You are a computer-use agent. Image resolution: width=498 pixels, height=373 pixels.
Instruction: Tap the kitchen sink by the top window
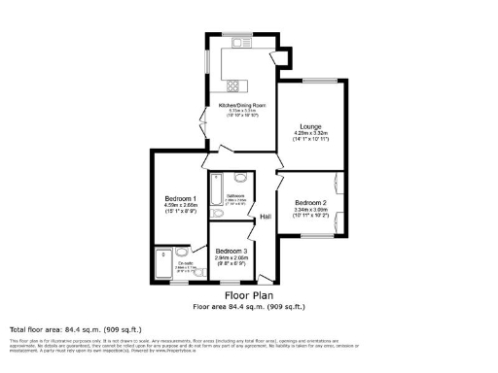(241, 44)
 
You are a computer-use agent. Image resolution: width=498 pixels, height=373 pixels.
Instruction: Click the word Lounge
(310, 125)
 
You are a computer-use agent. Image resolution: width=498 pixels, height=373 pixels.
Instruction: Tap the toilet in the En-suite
(182, 253)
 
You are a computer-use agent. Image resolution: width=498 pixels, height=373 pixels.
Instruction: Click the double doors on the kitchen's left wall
(204, 124)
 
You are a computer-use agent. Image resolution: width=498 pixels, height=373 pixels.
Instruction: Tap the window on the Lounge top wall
(320, 81)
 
